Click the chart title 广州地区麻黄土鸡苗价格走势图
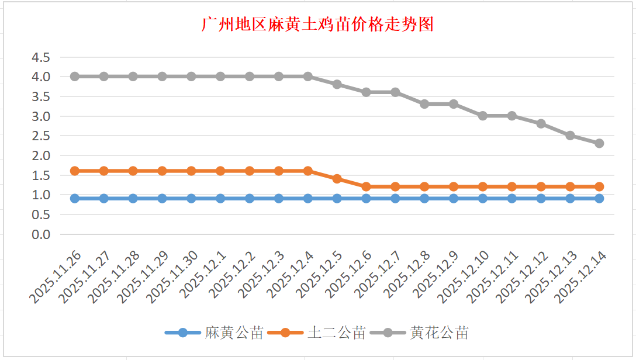[x=317, y=25]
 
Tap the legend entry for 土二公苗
[x=336, y=333]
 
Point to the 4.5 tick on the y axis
[x=41, y=57]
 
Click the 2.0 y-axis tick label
[x=41, y=155]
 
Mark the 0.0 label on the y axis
[x=41, y=234]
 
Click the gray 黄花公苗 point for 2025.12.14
[x=599, y=143]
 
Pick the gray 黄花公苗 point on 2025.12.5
[x=337, y=84]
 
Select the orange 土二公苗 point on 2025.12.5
[x=337, y=179]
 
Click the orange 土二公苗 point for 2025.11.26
[x=75, y=171]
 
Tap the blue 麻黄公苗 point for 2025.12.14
[x=599, y=199]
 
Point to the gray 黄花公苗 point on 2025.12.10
[x=483, y=116]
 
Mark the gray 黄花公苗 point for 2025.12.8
[x=424, y=104]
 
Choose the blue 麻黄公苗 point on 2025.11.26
[x=75, y=199]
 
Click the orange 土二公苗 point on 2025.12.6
[x=367, y=186]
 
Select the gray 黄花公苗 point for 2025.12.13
[x=570, y=136]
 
